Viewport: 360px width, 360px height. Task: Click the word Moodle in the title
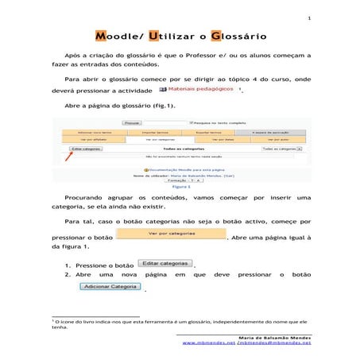point(120,37)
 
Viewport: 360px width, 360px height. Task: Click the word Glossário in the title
point(237,37)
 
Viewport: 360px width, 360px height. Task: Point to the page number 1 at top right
point(309,17)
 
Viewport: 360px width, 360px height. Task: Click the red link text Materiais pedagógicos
point(201,90)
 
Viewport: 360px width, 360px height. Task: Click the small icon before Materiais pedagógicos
point(163,90)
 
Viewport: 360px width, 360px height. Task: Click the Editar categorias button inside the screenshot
point(85,149)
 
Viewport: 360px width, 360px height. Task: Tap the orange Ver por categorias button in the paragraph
point(171,234)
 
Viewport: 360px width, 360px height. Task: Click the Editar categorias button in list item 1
point(165,263)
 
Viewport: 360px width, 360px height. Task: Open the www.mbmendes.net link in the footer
point(208,343)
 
